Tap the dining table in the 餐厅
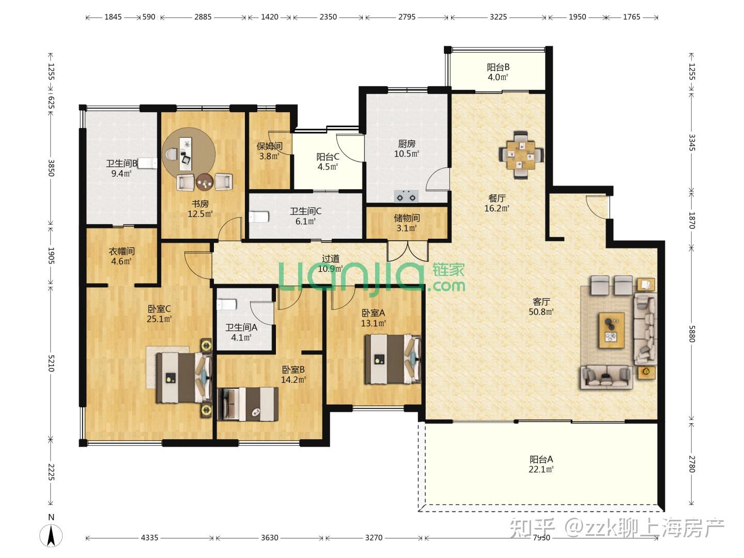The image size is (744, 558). (521, 155)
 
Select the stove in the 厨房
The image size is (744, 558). (406, 196)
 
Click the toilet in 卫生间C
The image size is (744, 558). (259, 217)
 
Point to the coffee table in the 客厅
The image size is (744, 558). (612, 330)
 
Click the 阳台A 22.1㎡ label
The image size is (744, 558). (541, 464)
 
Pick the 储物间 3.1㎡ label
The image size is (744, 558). (407, 223)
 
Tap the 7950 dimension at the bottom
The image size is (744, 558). (541, 538)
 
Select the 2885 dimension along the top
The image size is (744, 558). (203, 17)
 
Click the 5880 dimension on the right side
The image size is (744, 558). (692, 334)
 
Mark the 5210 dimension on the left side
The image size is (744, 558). (51, 363)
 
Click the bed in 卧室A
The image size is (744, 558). (393, 359)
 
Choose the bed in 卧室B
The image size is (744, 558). (248, 404)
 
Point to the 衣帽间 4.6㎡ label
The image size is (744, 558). (121, 256)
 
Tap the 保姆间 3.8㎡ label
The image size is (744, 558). (269, 151)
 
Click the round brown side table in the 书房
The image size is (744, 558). (205, 182)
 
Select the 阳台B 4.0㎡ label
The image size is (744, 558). (498, 72)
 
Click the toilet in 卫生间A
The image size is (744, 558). (226, 304)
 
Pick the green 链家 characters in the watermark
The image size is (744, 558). (448, 270)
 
